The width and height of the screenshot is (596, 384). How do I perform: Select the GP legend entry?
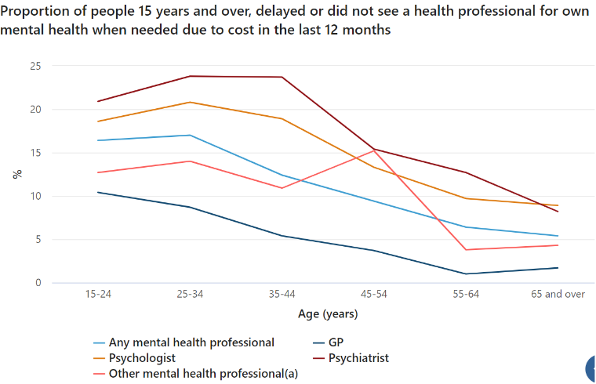tap(336, 342)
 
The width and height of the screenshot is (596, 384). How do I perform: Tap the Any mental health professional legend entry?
tap(191, 342)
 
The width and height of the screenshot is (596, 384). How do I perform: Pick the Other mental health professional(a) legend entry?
tap(203, 374)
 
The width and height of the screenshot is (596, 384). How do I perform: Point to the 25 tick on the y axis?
tap(35, 66)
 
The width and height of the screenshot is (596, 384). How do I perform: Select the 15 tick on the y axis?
tap(35, 153)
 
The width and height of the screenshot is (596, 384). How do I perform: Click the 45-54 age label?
tap(374, 294)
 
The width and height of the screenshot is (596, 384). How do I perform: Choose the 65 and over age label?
tap(558, 294)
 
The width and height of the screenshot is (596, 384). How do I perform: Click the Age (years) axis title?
tap(328, 314)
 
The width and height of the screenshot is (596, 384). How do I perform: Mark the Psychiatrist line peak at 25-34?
tap(189, 76)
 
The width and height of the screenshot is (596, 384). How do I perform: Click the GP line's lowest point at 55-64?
tap(466, 274)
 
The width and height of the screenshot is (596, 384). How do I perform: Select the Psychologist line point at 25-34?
tap(189, 102)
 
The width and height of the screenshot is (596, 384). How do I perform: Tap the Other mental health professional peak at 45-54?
tap(374, 150)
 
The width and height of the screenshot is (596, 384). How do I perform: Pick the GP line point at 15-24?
tap(97, 192)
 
